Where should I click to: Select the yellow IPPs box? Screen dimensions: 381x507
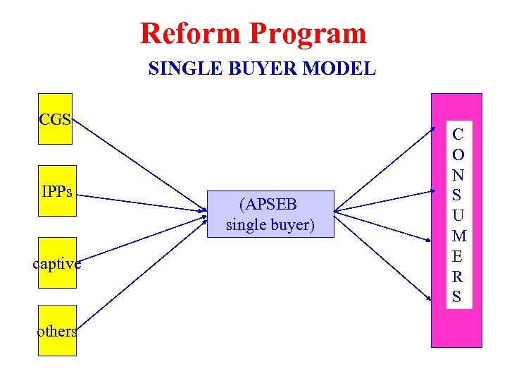tap(57, 192)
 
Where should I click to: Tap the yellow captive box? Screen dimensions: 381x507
tap(57, 262)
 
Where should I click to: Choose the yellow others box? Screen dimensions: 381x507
tap(57, 330)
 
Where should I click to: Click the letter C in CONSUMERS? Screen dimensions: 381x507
tap(458, 133)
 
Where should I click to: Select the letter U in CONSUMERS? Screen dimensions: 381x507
tap(458, 214)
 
